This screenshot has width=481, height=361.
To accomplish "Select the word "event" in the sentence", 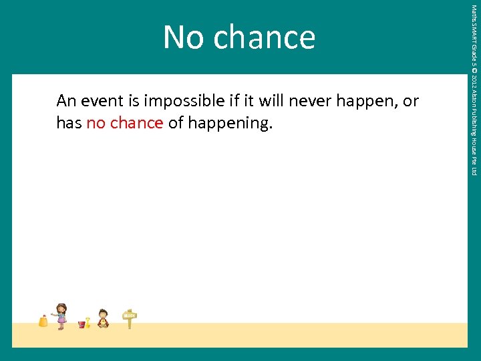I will [101, 101].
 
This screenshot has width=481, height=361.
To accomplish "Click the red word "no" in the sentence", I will [96, 123].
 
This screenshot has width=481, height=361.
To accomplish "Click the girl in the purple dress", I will [61, 316].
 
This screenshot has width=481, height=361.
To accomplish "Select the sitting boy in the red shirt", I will [103, 318].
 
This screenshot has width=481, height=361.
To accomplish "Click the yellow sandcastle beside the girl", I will [43, 322].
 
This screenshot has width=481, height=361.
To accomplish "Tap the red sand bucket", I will [82, 324].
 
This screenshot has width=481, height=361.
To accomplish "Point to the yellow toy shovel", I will [88, 322].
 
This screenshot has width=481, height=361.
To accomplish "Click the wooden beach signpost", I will [130, 319].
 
